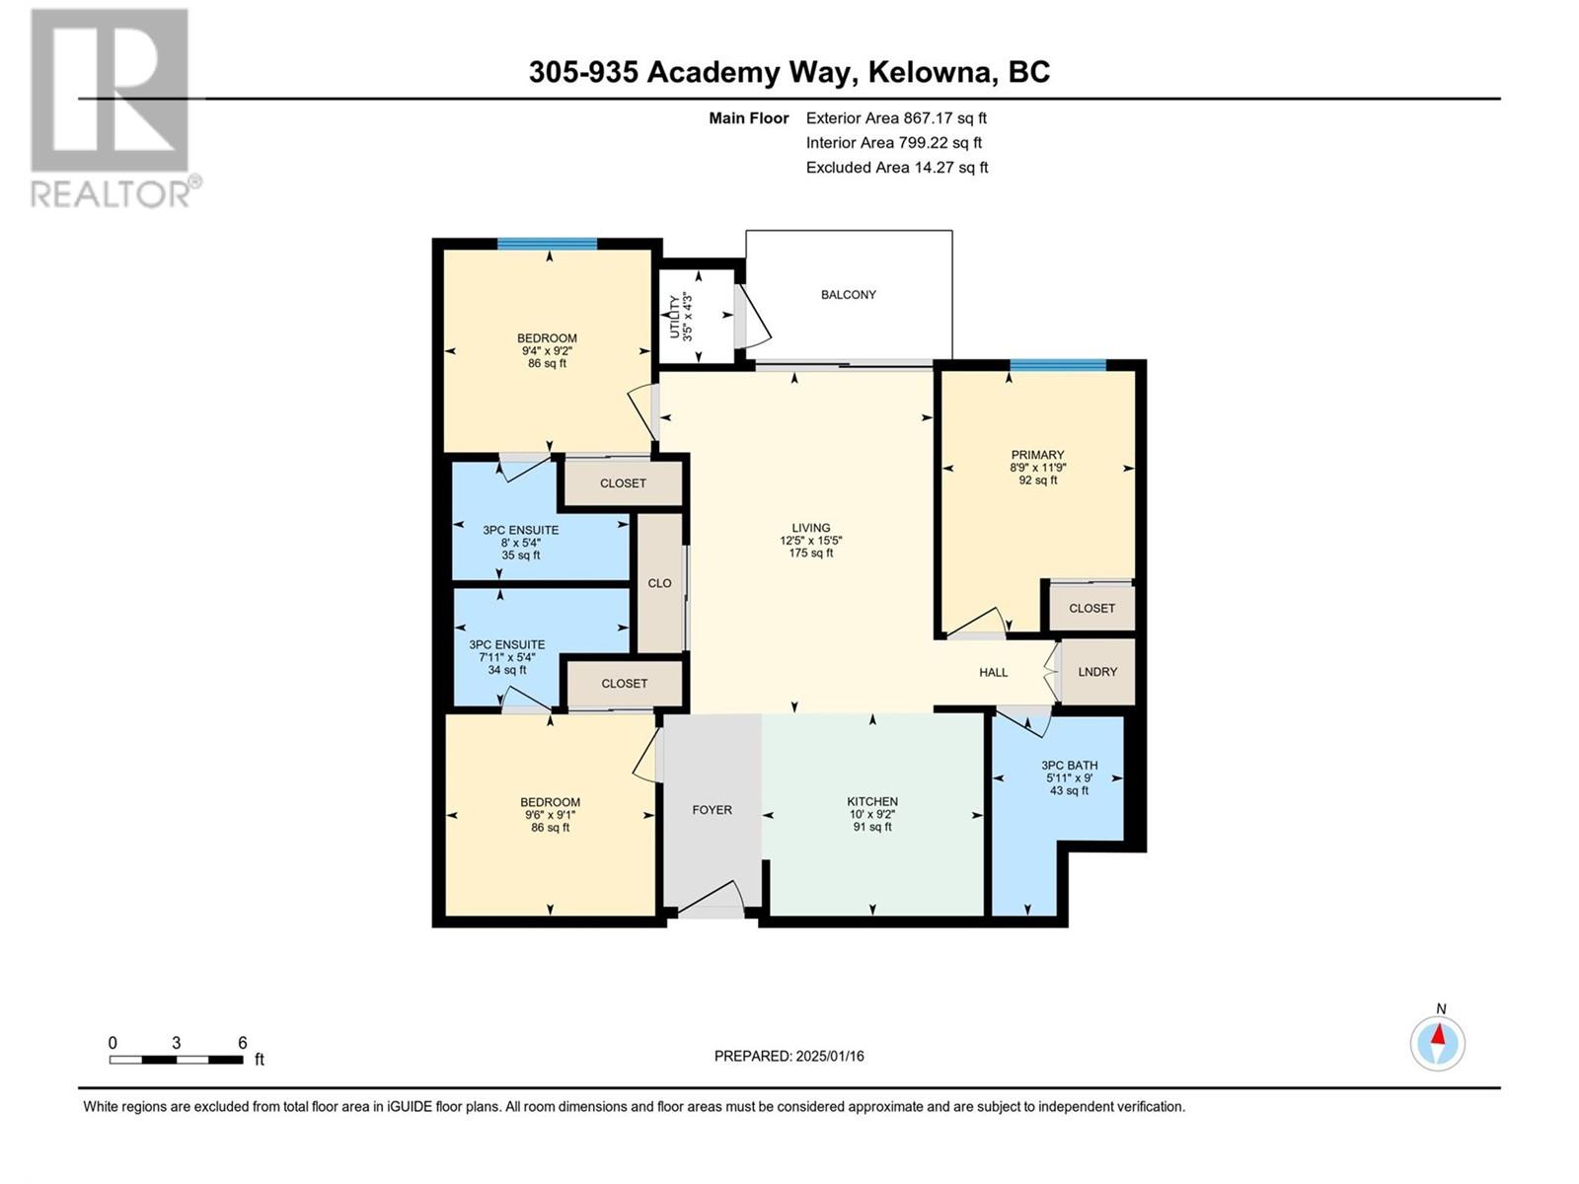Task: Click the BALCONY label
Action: pos(848,295)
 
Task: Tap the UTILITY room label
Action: pos(674,317)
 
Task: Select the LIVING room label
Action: pos(811,528)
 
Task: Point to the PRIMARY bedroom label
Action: pos(1037,454)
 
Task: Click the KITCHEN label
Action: pos(872,801)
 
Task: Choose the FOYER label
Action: pos(713,809)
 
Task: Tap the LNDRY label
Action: pos(1097,672)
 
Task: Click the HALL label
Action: pos(994,672)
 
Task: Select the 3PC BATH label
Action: pos(1069,766)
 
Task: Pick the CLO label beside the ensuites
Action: pos(659,583)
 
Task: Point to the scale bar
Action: pos(177,1060)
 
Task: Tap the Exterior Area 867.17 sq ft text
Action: pos(896,117)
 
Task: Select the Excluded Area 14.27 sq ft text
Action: pos(897,168)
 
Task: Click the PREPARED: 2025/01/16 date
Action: pos(789,1056)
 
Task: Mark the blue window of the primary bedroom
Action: pos(1058,365)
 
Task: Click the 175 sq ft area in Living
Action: pos(811,553)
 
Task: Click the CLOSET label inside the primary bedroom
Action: pos(1092,608)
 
